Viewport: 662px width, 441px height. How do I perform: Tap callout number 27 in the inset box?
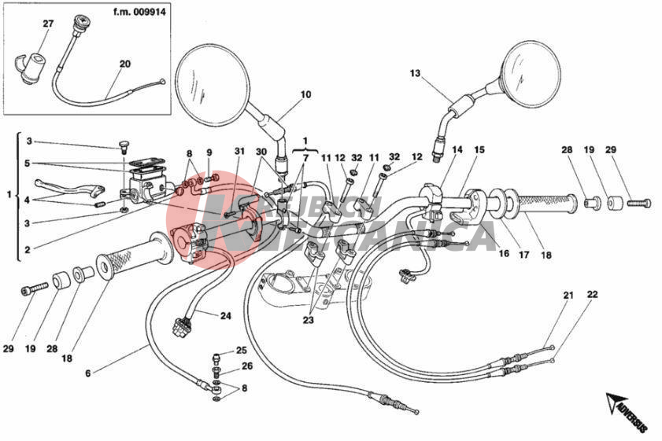click(x=47, y=24)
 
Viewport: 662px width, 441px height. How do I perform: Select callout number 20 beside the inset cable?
click(x=125, y=64)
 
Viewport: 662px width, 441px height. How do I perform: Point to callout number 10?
click(x=305, y=95)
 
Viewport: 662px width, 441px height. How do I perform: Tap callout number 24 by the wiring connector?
click(x=225, y=317)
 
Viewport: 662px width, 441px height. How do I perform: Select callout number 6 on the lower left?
click(x=87, y=372)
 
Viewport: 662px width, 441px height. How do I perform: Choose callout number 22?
click(x=592, y=295)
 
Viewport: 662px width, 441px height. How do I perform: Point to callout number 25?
click(x=241, y=350)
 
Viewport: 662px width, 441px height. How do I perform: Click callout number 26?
click(x=247, y=366)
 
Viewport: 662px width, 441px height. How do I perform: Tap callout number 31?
click(x=239, y=152)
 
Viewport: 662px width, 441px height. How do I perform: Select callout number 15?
click(x=479, y=149)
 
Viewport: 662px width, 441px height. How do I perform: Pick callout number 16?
click(x=504, y=254)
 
